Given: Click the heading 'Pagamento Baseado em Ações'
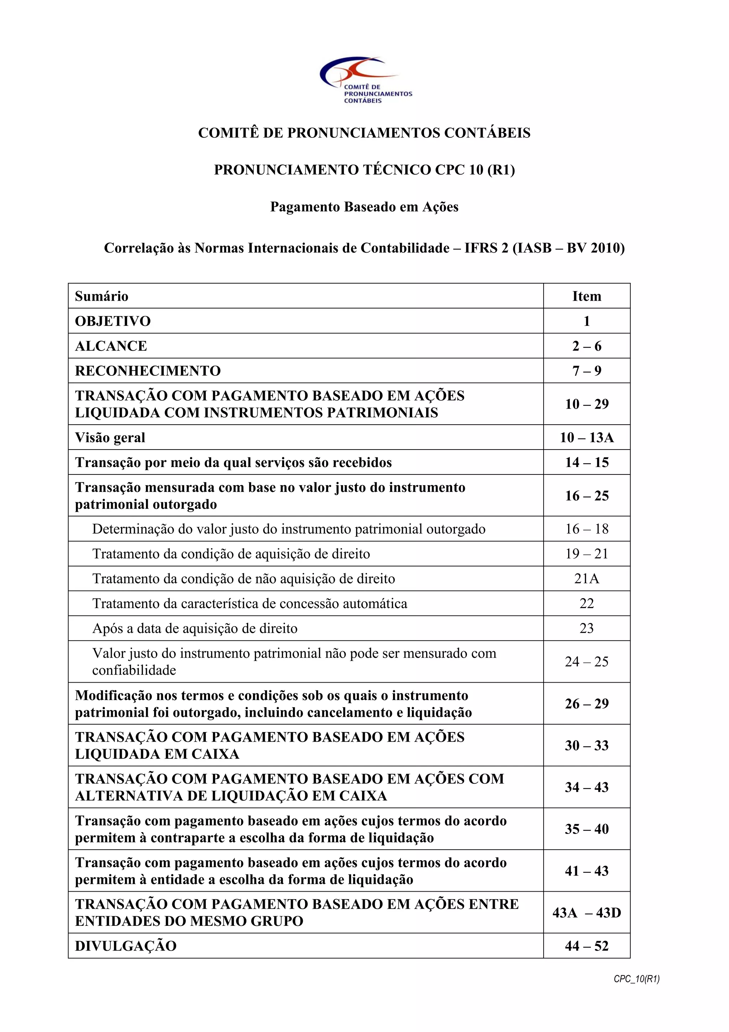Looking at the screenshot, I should (x=364, y=207).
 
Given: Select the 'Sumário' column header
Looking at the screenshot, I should (x=101, y=296).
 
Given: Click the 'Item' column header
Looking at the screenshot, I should (x=586, y=296).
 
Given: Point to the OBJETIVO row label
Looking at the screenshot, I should (x=113, y=321).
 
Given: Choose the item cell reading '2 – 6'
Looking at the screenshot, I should (x=586, y=346).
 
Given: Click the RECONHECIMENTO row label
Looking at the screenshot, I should (x=148, y=371).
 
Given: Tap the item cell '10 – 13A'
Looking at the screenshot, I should (x=586, y=437).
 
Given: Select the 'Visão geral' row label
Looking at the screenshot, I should (x=110, y=437).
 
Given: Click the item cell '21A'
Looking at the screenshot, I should (x=586, y=579).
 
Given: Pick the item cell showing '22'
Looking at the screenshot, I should (x=586, y=603).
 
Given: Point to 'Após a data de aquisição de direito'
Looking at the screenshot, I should (x=194, y=628).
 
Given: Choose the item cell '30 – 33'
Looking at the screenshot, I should (x=586, y=745).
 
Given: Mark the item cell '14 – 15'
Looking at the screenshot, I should (x=586, y=462).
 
